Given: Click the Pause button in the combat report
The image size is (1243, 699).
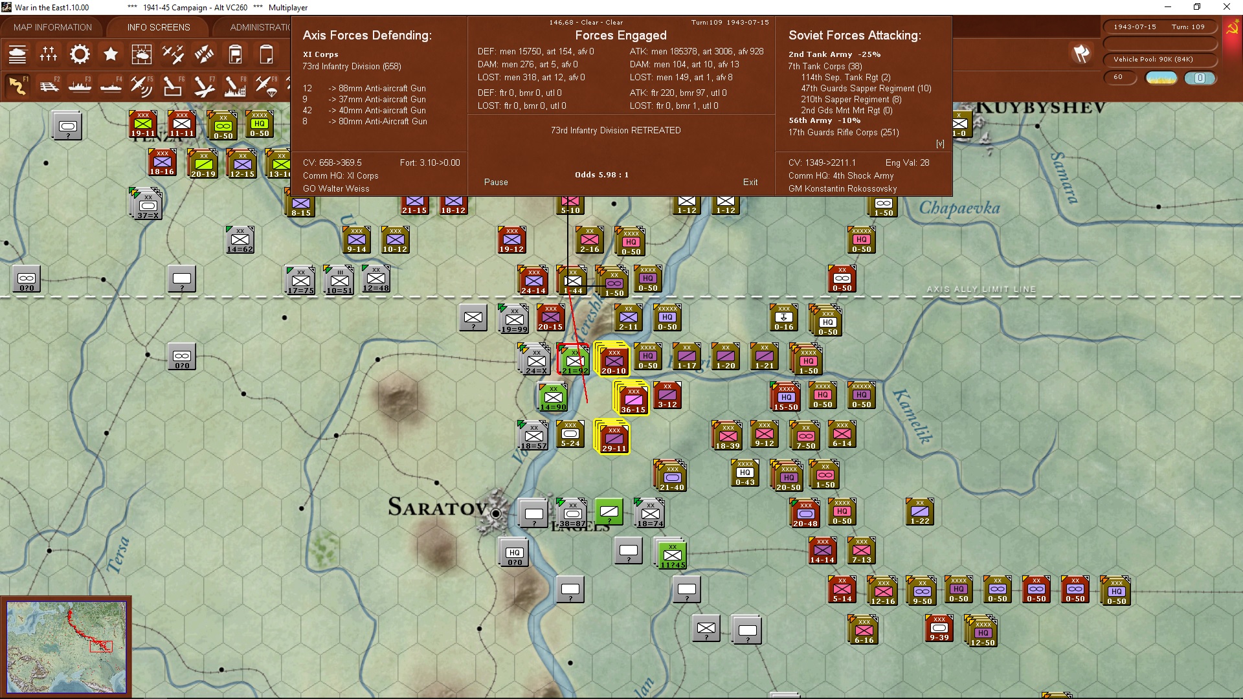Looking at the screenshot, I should coord(496,182).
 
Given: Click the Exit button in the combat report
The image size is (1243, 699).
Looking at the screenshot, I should coord(750,182).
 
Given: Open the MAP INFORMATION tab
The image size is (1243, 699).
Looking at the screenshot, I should coord(52,27).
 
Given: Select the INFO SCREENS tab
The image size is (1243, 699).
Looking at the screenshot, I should coord(159,27).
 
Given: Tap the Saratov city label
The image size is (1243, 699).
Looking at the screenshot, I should coord(437,507).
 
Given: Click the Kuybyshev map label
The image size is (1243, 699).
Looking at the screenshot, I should coord(1040,107).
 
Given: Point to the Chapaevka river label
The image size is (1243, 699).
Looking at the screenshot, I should coord(959,208).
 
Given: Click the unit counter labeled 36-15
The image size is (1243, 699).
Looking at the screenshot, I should coord(633,397).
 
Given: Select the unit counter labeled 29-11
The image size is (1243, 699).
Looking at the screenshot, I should coord(614,438).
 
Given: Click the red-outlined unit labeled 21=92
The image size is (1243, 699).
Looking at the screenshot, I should coord(574,360).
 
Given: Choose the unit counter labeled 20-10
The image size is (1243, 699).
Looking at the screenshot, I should coord(614,360).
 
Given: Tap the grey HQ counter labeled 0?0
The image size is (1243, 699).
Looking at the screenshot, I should coord(515,554).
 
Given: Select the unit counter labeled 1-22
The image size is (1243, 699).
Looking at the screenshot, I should coord(920,512).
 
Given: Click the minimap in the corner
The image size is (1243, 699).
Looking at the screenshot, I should coord(66,647).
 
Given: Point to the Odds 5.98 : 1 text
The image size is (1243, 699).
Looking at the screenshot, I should coord(601,175).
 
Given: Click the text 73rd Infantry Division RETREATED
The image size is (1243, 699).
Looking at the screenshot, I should coord(616,130).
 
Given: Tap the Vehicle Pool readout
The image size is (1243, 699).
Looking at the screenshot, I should coord(1153,59).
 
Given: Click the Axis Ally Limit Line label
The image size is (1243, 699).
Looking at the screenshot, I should coord(981,289).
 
